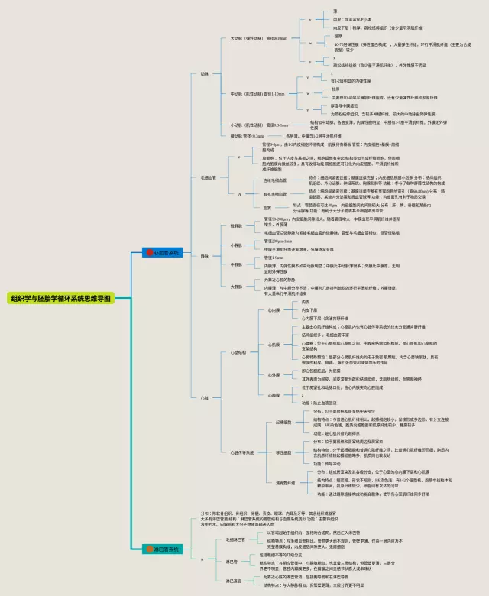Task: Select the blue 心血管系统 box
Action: click(161, 251)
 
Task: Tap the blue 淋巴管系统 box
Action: click(161, 549)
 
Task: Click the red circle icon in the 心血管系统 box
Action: click(150, 251)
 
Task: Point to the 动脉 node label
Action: click(204, 73)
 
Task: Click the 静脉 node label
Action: click(204, 256)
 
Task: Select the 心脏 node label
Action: click(204, 397)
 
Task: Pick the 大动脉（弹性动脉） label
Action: click(248, 37)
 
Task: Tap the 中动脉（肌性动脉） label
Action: click(248, 93)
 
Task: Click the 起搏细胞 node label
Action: click(283, 422)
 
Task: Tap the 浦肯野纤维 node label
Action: click(285, 482)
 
